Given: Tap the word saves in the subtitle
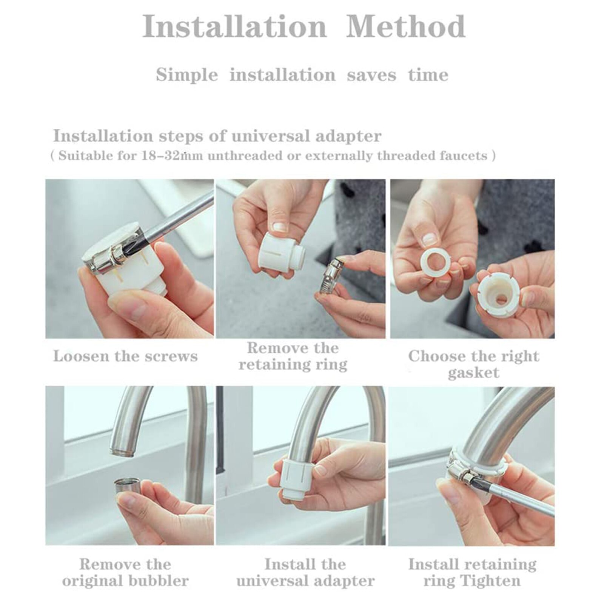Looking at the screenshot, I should click(371, 75).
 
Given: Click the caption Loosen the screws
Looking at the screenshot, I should click(125, 356).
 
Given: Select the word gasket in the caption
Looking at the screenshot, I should click(473, 373).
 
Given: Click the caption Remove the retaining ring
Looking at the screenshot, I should click(293, 356).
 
